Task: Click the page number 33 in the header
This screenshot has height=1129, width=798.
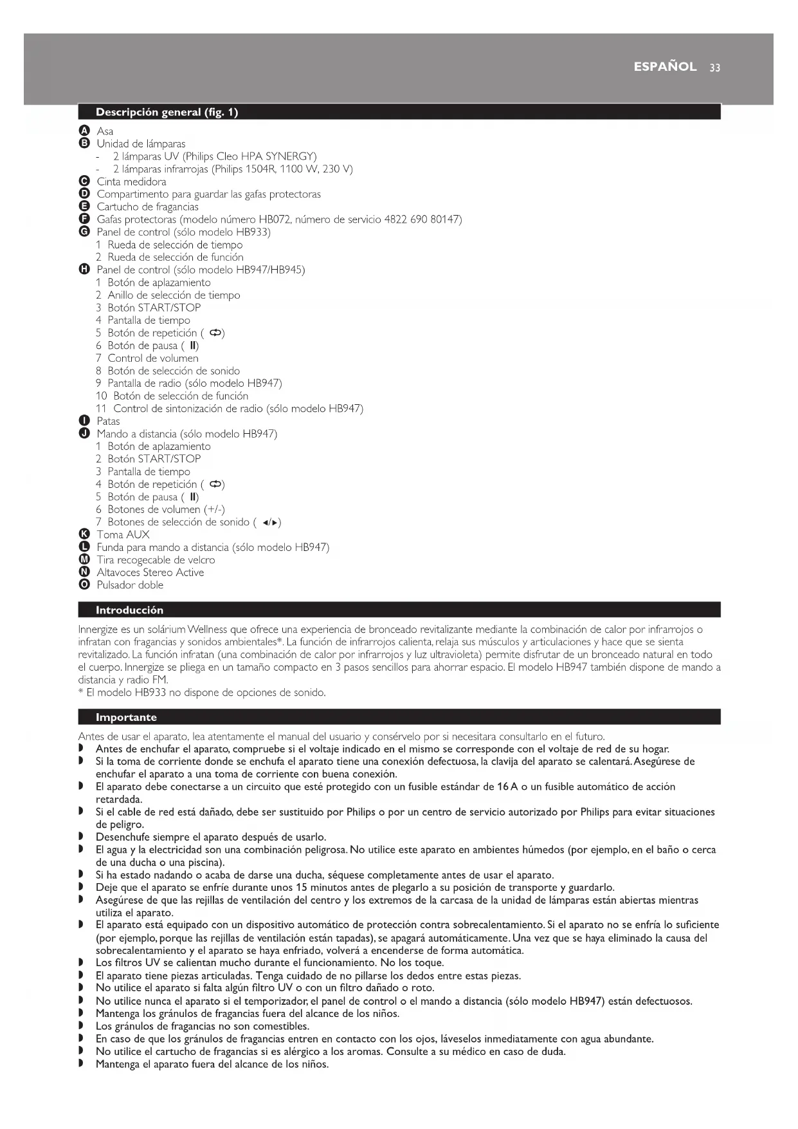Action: [715, 68]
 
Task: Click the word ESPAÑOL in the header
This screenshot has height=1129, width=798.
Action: [665, 67]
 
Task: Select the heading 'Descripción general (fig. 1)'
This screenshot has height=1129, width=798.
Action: [167, 112]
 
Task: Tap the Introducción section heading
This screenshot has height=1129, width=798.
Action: [129, 610]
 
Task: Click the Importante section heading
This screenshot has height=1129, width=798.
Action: [126, 717]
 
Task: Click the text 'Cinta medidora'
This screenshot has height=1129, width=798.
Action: [131, 182]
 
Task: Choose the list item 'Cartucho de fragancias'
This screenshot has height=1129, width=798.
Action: [147, 207]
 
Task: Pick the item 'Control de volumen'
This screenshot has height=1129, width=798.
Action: [153, 358]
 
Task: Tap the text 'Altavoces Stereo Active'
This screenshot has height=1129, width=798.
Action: [150, 572]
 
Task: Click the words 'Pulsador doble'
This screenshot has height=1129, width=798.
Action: [130, 585]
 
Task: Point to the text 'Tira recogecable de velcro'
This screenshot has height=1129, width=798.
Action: [156, 560]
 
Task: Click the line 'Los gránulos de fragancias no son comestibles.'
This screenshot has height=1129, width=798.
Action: [203, 1026]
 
